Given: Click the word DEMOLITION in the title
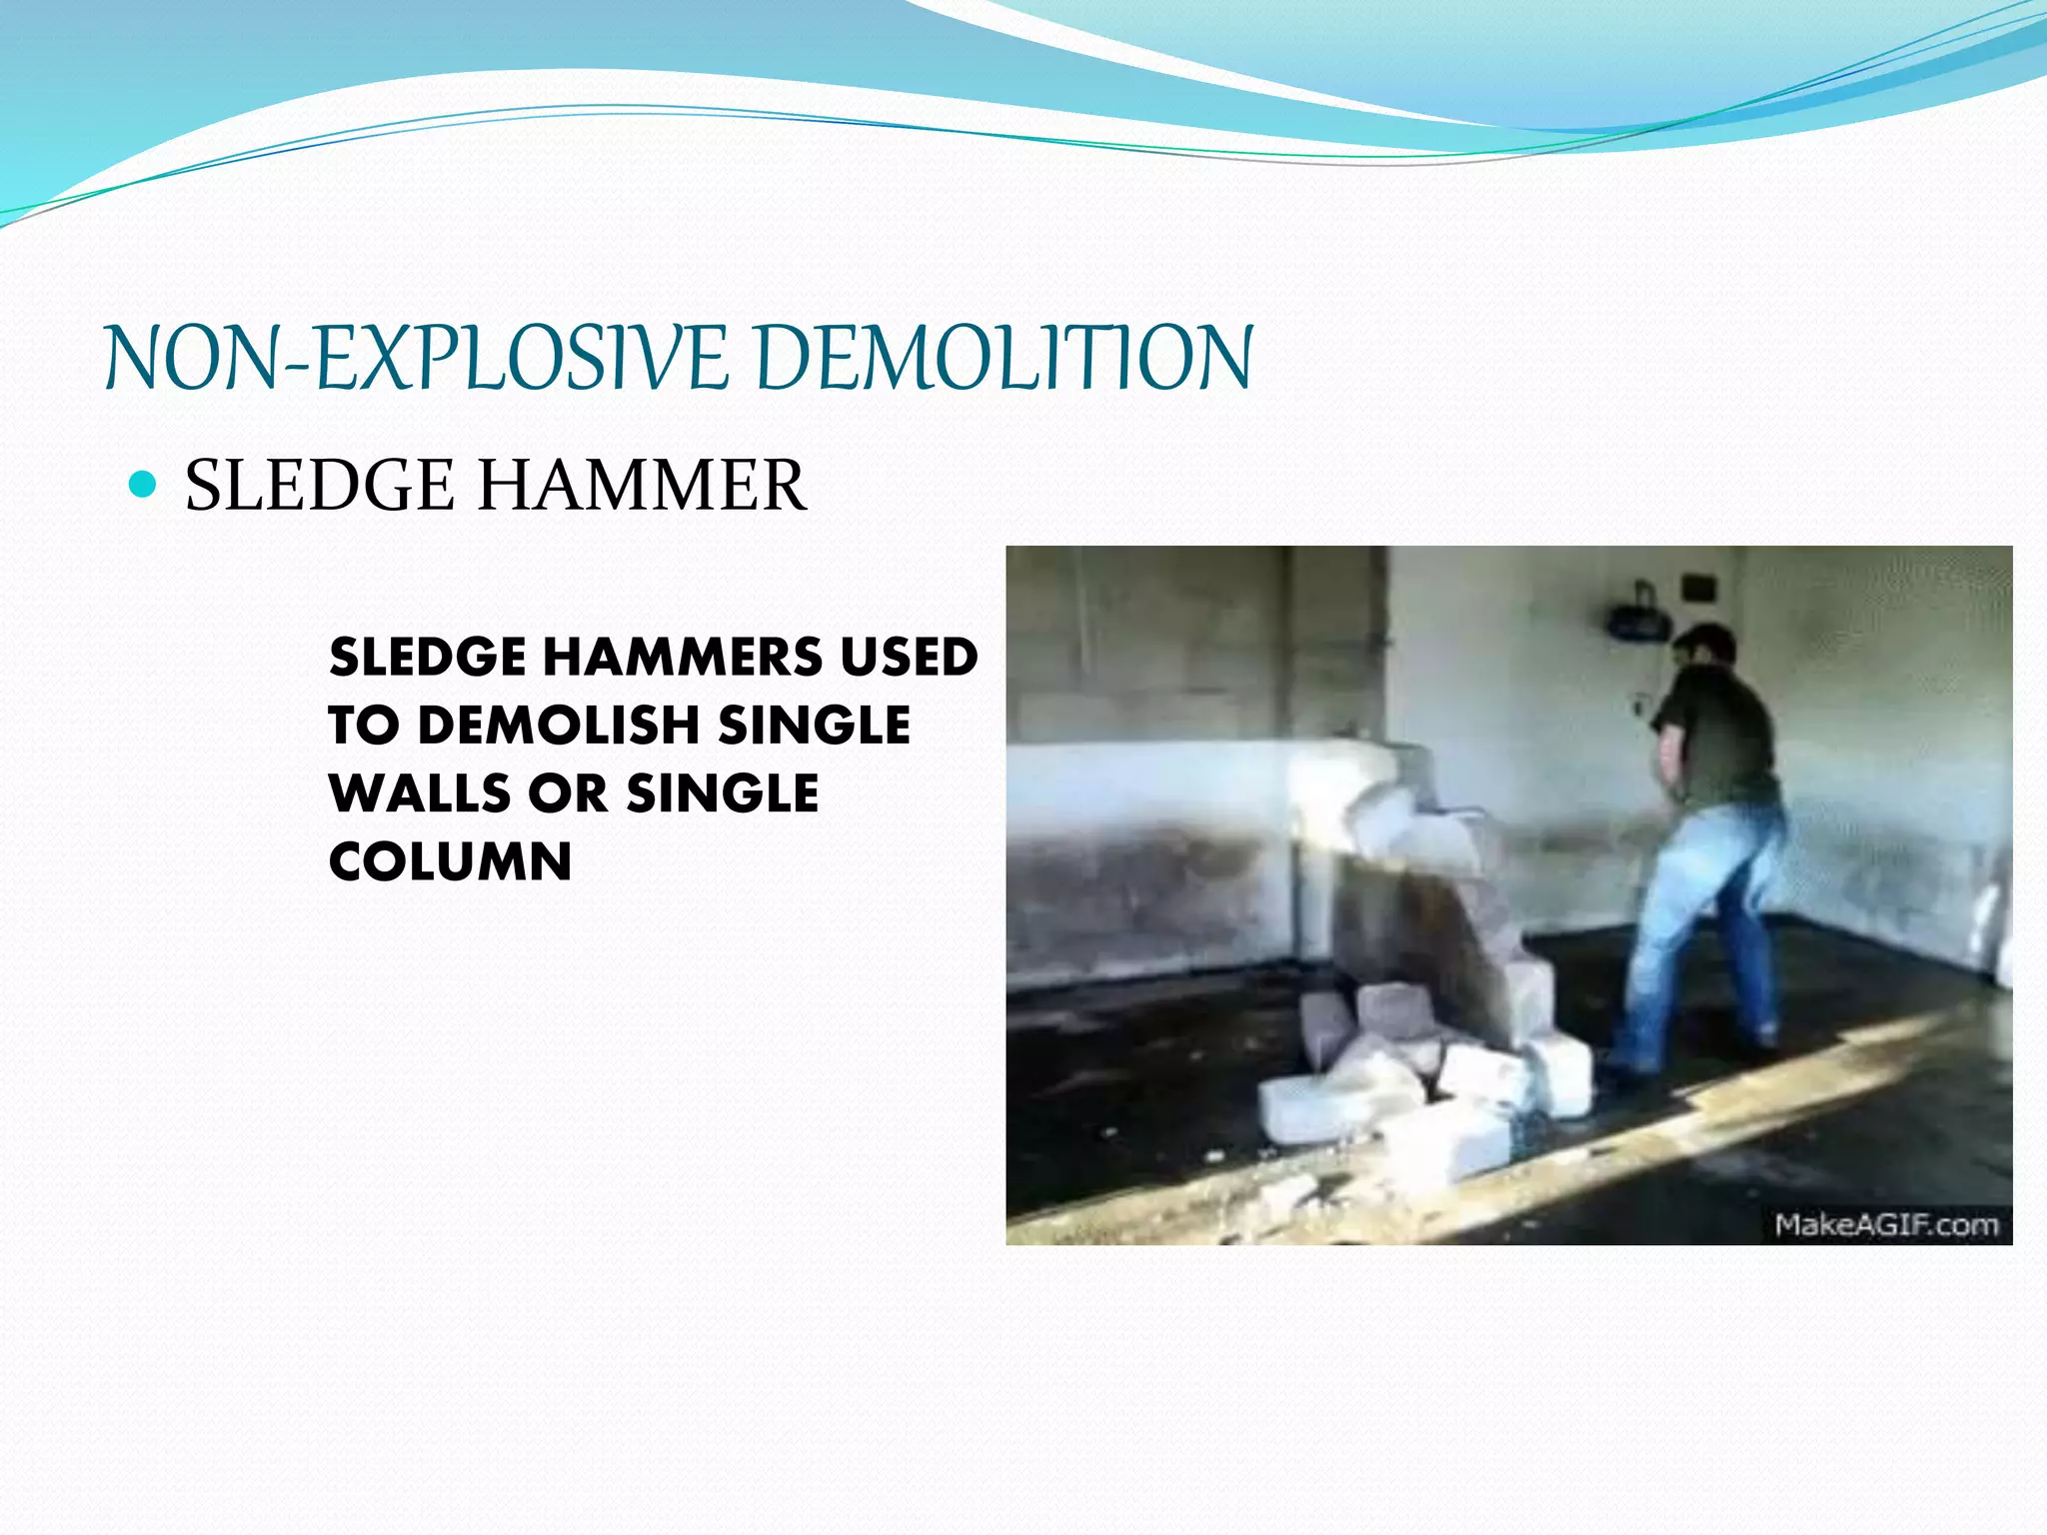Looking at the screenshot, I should click(x=1004, y=358).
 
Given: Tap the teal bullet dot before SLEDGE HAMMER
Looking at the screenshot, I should click(x=144, y=485).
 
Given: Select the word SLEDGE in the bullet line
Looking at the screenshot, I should click(x=319, y=486).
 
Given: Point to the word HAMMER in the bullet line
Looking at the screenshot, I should click(x=641, y=486).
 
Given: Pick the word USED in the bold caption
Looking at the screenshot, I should click(x=909, y=657).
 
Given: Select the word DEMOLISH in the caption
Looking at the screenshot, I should click(x=558, y=725).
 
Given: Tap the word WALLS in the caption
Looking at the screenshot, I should click(x=419, y=792).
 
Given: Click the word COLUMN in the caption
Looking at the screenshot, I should click(x=450, y=861).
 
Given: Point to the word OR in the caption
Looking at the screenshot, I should click(x=568, y=792).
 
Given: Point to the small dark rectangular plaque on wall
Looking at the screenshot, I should click(x=1697, y=587).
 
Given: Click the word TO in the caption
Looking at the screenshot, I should click(x=363, y=725).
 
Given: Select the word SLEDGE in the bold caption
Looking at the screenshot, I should click(x=427, y=657).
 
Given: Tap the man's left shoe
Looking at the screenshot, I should click(x=1624, y=1071).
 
